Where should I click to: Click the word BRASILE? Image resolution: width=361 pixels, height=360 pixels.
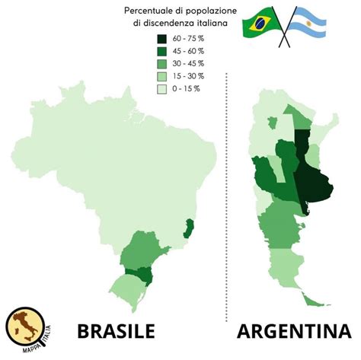click(x=116, y=332)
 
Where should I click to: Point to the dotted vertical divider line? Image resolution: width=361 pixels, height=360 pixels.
click(x=229, y=190)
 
